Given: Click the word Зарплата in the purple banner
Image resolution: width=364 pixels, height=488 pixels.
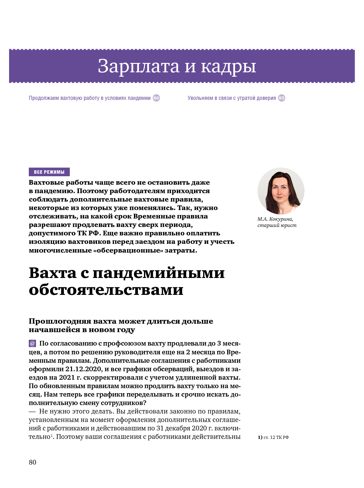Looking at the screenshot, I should (x=139, y=66).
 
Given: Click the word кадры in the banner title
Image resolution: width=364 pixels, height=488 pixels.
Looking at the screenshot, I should (x=228, y=66).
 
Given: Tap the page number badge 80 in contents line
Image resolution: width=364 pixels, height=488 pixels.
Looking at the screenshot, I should (x=156, y=98).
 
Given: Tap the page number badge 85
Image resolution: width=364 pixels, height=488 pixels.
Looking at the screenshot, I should (x=282, y=98).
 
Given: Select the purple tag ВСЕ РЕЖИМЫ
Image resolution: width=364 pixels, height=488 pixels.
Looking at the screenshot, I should (x=49, y=172).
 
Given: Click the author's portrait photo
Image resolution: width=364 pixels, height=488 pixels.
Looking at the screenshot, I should (x=281, y=191).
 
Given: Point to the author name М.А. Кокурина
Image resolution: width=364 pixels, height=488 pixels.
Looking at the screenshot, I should (x=275, y=219).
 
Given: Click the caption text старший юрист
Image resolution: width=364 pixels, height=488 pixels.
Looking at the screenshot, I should (x=277, y=225).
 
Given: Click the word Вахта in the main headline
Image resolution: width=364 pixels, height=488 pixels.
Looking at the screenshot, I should (x=52, y=273).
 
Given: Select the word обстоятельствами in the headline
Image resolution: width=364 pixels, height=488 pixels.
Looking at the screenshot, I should (x=106, y=290).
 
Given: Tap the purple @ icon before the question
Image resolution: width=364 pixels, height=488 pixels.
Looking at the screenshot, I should (x=33, y=343).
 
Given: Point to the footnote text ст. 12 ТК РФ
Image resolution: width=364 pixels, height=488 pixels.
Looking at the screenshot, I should (x=276, y=437).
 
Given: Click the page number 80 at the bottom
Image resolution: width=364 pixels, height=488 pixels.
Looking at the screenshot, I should (x=33, y=462).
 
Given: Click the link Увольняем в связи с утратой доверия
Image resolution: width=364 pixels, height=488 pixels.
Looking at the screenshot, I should (x=232, y=98).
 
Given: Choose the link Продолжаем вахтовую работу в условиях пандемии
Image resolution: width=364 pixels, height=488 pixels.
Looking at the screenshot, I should (x=90, y=98).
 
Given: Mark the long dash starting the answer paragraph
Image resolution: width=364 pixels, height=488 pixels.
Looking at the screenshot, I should (x=32, y=412).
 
